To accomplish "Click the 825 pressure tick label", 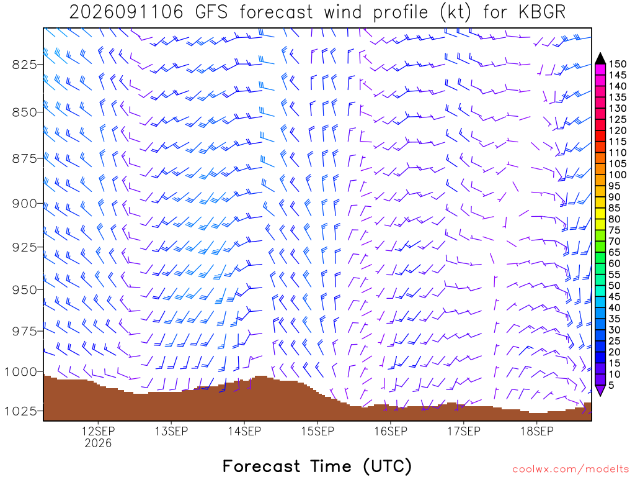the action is point(24,65).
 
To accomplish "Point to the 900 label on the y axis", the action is point(24,204).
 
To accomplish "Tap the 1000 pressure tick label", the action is point(20,371).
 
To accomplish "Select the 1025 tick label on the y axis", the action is point(20,411).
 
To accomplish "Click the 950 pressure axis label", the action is point(24,290).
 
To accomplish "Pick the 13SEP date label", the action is point(171,431).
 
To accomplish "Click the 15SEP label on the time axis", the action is point(317,431).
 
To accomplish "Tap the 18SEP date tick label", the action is point(537,431).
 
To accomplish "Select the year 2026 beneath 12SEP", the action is point(98,443).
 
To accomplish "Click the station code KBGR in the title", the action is point(541,12).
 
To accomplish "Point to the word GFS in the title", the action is point(211,12).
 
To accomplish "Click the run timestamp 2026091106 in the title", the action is point(127,12).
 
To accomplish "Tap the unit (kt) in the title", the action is point(455,12).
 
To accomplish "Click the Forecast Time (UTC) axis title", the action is point(317,466).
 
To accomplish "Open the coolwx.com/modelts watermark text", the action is point(571,470).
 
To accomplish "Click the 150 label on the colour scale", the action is point(618,64).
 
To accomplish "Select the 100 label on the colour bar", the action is point(618,175).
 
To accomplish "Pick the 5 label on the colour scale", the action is point(611,385).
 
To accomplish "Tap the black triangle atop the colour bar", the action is point(600,59).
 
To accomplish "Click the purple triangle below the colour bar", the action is point(600,390).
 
